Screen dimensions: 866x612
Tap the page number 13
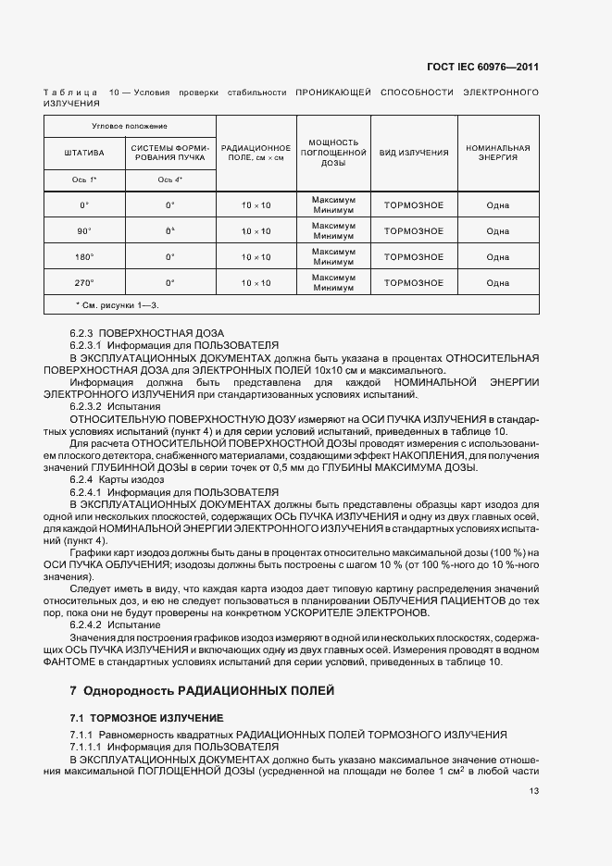[534, 791]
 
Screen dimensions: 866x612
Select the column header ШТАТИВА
[84, 152]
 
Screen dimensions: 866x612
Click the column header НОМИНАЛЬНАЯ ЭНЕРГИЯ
[498, 152]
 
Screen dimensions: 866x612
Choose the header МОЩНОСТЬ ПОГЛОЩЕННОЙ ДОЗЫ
[333, 152]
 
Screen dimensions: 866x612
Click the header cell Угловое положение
[130, 125]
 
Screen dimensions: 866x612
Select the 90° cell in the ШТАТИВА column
[84, 230]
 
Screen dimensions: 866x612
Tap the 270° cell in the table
[84, 282]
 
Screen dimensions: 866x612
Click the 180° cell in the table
[84, 256]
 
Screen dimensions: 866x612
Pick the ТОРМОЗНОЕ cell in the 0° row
[413, 204]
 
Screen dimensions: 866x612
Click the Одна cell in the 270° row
[498, 282]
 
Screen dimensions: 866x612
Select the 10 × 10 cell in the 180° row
[256, 256]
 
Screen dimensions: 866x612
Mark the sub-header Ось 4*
[169, 179]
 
